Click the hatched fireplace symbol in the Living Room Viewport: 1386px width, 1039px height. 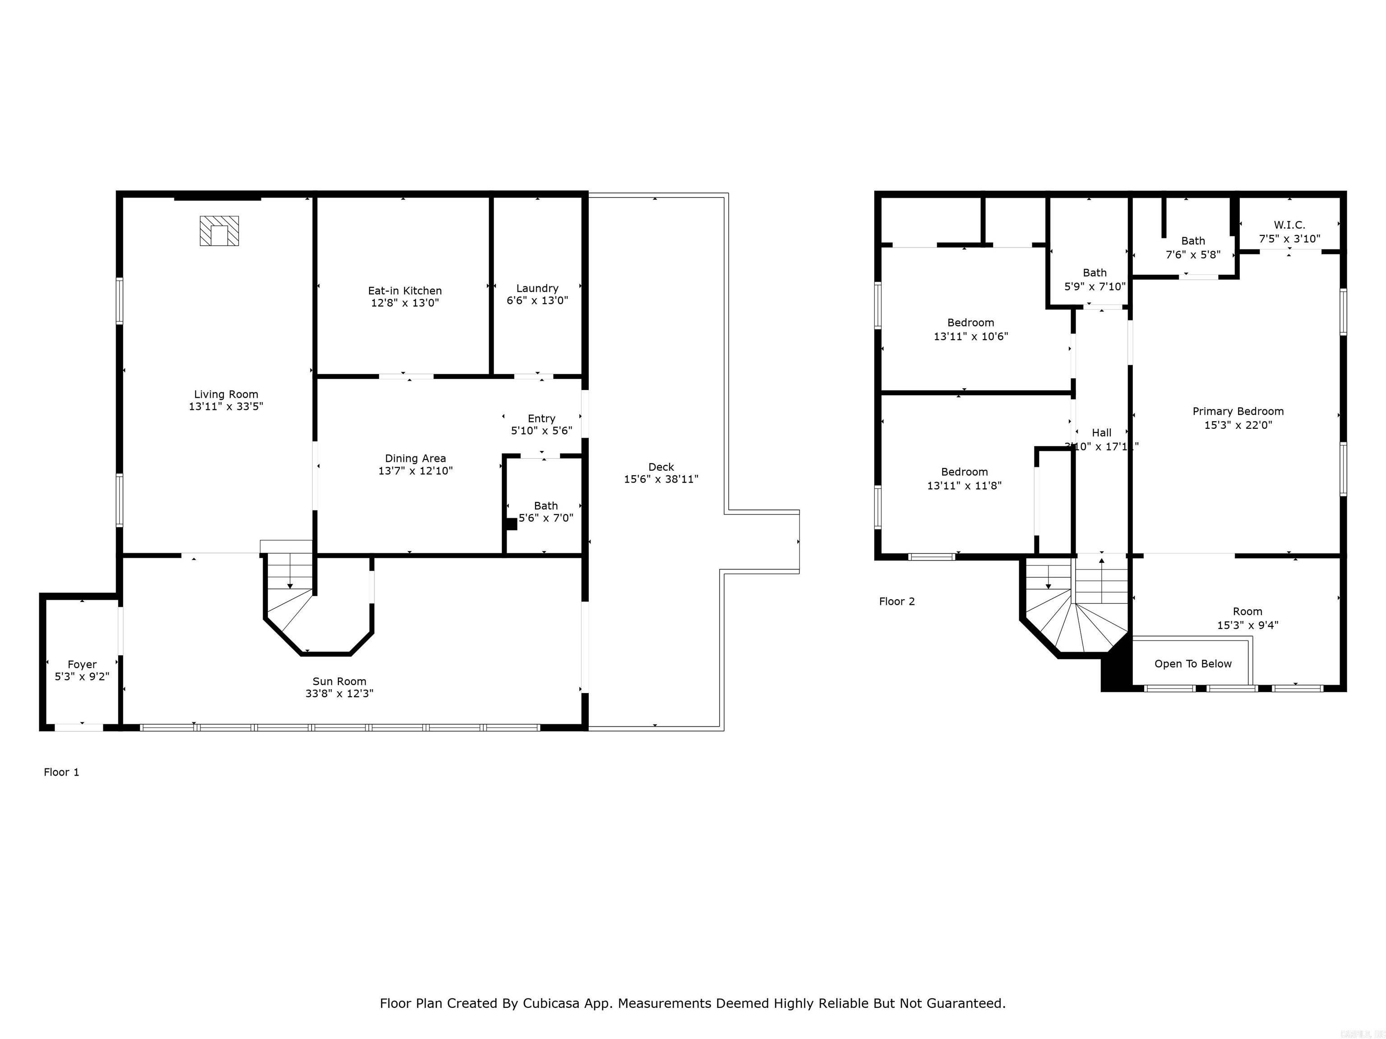tap(219, 230)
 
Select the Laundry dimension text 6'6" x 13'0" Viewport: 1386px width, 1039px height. tap(537, 301)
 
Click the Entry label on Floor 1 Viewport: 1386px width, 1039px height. tap(541, 418)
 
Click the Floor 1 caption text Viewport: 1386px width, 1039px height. tap(61, 772)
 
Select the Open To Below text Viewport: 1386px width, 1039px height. tap(1193, 664)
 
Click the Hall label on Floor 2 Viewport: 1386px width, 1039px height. tap(1101, 433)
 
